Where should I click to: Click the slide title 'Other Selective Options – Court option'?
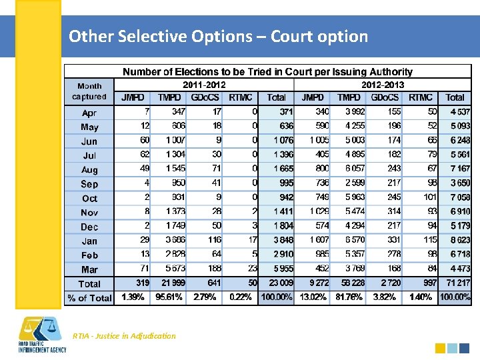pyautogui.click(x=218, y=36)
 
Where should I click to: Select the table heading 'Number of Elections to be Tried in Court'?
pyautogui.click(x=267, y=71)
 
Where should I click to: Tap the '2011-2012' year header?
pyautogui.click(x=204, y=85)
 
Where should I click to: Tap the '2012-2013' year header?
pyautogui.click(x=382, y=85)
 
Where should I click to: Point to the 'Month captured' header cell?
pyautogui.click(x=89, y=91)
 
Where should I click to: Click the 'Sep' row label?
pyautogui.click(x=89, y=184)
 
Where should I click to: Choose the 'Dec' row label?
pyautogui.click(x=89, y=227)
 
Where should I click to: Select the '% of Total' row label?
pyautogui.click(x=89, y=298)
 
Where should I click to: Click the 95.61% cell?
pyautogui.click(x=169, y=298)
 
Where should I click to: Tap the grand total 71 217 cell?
pyautogui.click(x=455, y=284)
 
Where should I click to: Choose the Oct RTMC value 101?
pyautogui.click(x=429, y=198)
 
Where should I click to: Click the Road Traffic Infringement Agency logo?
pyautogui.click(x=41, y=337)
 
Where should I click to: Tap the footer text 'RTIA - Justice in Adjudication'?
pyautogui.click(x=125, y=336)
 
